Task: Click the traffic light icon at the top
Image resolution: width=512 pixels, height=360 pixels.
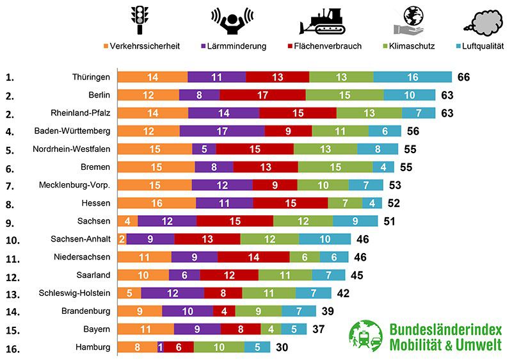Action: click(139, 20)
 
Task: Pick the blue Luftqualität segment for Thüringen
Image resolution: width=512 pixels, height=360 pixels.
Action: click(412, 77)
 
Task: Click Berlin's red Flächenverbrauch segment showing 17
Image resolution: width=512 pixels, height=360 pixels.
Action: click(262, 95)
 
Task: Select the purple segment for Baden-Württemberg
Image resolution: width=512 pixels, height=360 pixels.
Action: click(221, 131)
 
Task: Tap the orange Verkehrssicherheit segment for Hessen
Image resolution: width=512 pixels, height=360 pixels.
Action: click(157, 203)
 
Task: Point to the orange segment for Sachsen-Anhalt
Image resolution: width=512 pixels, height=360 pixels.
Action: click(122, 239)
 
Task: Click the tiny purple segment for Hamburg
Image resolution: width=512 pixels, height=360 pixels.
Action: click(160, 347)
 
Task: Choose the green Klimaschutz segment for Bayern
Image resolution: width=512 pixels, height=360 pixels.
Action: click(271, 329)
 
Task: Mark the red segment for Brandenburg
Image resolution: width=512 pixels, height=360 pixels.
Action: click(224, 311)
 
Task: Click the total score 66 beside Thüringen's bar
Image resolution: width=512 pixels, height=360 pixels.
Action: click(464, 77)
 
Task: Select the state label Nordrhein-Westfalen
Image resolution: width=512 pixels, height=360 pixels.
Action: click(72, 149)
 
